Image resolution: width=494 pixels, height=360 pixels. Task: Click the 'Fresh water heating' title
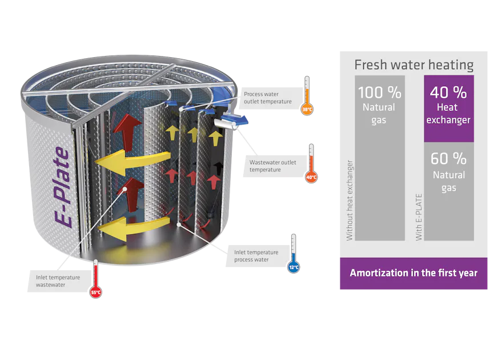pos(413,65)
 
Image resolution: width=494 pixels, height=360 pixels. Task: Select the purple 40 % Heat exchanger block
pos(448,109)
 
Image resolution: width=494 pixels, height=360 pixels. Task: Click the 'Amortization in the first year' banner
pos(413,273)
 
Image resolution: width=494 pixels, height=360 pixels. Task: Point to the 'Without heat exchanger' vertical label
pos(350,200)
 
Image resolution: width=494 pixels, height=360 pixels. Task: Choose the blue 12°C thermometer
pos(293,254)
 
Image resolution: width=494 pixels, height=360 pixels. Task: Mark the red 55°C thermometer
pos(95,280)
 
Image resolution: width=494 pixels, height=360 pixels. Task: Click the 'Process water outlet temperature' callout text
pos(267,98)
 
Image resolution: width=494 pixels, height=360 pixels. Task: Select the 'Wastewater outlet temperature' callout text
pos(272,166)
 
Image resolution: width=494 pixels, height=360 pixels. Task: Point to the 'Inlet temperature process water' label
pos(256,255)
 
